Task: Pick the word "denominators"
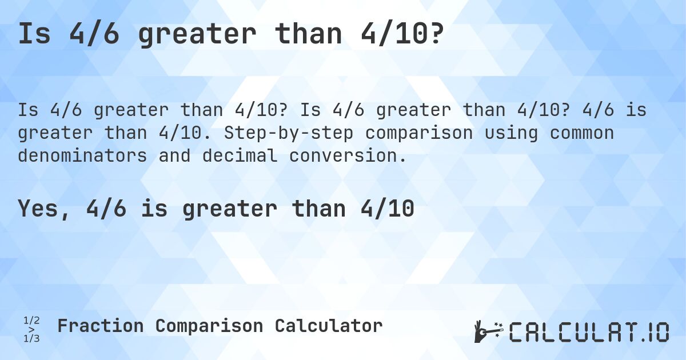click(x=82, y=155)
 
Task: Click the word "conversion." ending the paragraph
click(x=348, y=155)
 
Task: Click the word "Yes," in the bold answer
click(x=46, y=209)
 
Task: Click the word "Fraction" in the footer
click(x=100, y=326)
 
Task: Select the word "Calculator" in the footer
click(x=328, y=326)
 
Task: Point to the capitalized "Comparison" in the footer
click(x=209, y=326)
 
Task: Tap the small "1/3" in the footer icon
click(x=31, y=338)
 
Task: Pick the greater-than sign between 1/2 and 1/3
click(x=31, y=330)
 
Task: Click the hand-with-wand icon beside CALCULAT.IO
click(x=488, y=331)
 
